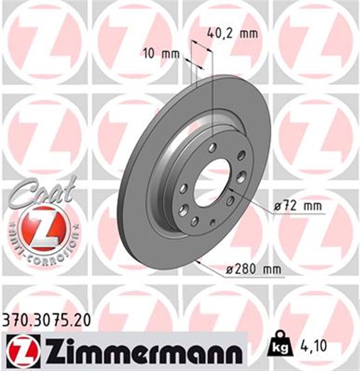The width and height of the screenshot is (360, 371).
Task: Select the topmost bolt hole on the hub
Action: (x=212, y=148)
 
